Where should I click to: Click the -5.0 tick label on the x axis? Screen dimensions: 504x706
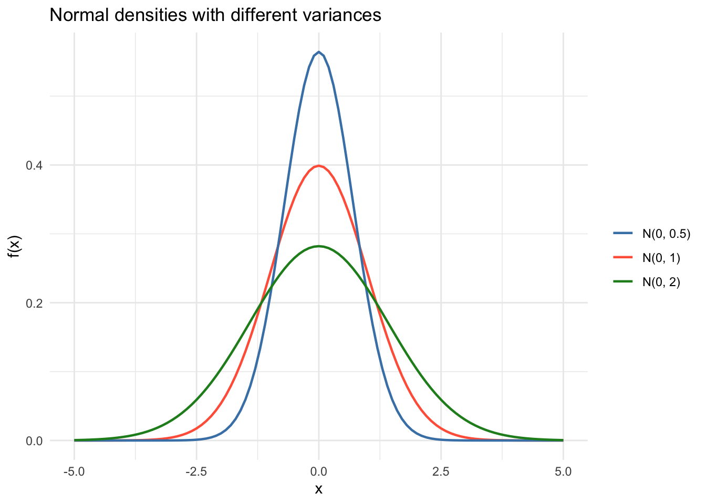74,471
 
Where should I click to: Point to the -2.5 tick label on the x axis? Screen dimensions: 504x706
196,471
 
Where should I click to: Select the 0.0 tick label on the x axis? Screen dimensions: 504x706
318,471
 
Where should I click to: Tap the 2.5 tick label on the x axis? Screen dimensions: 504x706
441,471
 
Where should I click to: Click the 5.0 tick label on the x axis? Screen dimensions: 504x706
563,471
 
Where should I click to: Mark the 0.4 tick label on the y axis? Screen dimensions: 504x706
35,165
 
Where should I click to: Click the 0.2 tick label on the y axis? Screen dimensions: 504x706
35,303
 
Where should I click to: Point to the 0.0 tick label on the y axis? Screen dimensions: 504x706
35,440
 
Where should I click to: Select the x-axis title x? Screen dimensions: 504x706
318,489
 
